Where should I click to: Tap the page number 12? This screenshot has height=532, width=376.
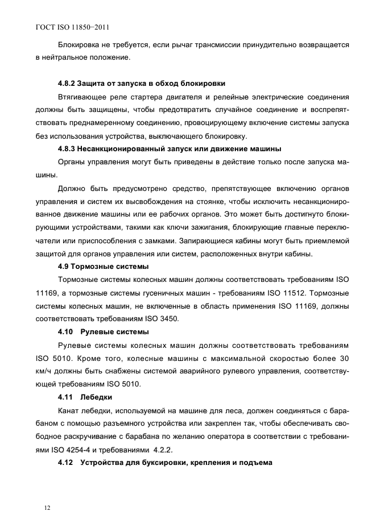[39, 508]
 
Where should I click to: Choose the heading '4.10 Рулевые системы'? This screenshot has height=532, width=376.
[104, 331]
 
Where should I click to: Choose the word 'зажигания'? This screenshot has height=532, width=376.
[193, 226]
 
